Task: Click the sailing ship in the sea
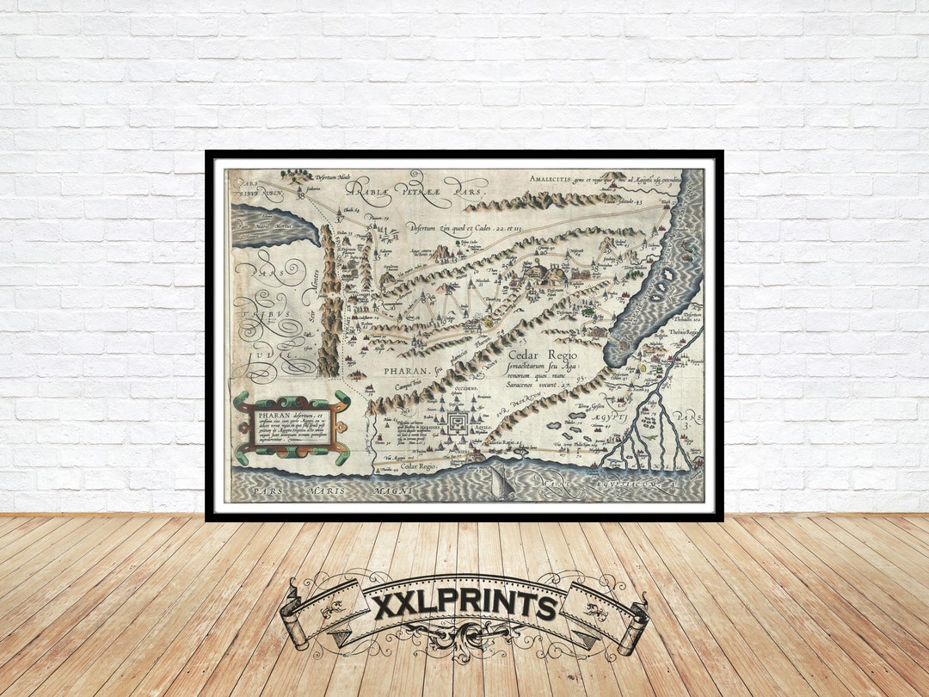pos(500,483)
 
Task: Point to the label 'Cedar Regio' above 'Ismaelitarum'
pos(543,355)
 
